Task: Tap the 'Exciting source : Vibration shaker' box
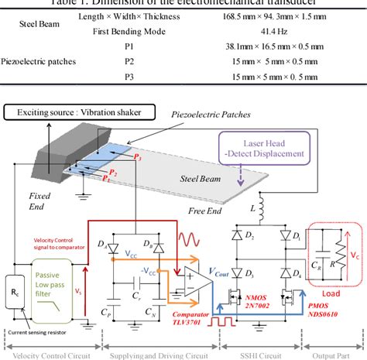[84, 114]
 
